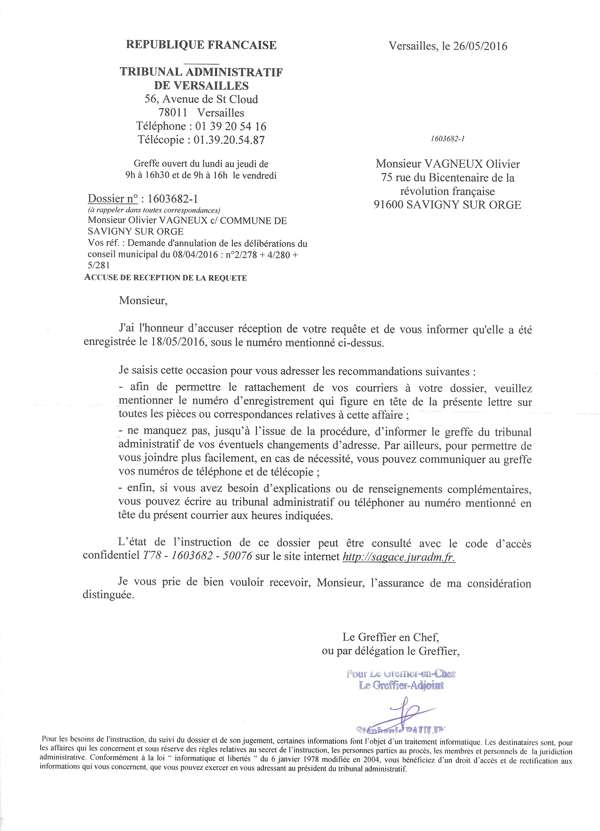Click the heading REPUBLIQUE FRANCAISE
coord(201,45)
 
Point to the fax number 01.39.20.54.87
coord(229,140)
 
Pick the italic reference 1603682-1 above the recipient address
coord(447,139)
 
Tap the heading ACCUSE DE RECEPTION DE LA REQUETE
coord(166,278)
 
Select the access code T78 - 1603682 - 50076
coord(196,557)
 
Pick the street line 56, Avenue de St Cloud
coord(202,99)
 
